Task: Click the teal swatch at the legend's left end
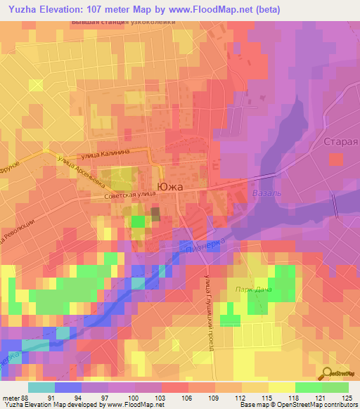41,387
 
